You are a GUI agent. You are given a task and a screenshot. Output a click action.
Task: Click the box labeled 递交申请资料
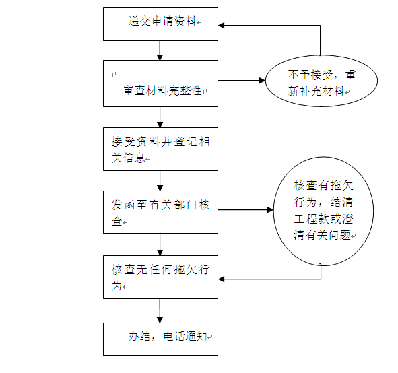point(160,24)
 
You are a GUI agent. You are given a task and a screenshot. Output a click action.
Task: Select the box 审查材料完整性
point(160,83)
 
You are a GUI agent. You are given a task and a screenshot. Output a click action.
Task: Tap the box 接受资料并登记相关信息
point(160,149)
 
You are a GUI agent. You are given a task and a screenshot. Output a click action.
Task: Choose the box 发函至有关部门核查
point(160,212)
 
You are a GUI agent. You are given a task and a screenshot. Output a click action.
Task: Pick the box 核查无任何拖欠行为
point(160,277)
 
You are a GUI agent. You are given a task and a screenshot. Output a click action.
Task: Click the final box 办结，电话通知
point(160,339)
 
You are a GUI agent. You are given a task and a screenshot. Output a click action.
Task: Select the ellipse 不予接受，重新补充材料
point(321,81)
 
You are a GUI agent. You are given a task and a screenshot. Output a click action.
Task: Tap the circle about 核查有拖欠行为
point(323,211)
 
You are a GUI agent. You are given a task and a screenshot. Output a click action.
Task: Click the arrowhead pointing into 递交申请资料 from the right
point(221,26)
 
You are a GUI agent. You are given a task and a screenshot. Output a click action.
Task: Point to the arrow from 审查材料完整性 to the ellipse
point(242,81)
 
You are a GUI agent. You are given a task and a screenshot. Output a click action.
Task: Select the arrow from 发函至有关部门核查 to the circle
point(246,210)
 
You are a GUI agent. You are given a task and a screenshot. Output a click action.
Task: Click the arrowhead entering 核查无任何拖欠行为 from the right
point(221,279)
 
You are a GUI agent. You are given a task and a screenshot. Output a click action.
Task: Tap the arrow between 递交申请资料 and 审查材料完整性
point(160,50)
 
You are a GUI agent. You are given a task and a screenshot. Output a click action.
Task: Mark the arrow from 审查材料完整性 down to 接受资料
point(160,117)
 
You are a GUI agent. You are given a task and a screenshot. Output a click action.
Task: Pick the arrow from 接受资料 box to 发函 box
point(160,180)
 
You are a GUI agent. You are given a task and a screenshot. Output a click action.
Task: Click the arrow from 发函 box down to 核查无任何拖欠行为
point(160,244)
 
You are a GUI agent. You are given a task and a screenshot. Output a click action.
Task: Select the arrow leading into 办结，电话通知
point(160,310)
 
